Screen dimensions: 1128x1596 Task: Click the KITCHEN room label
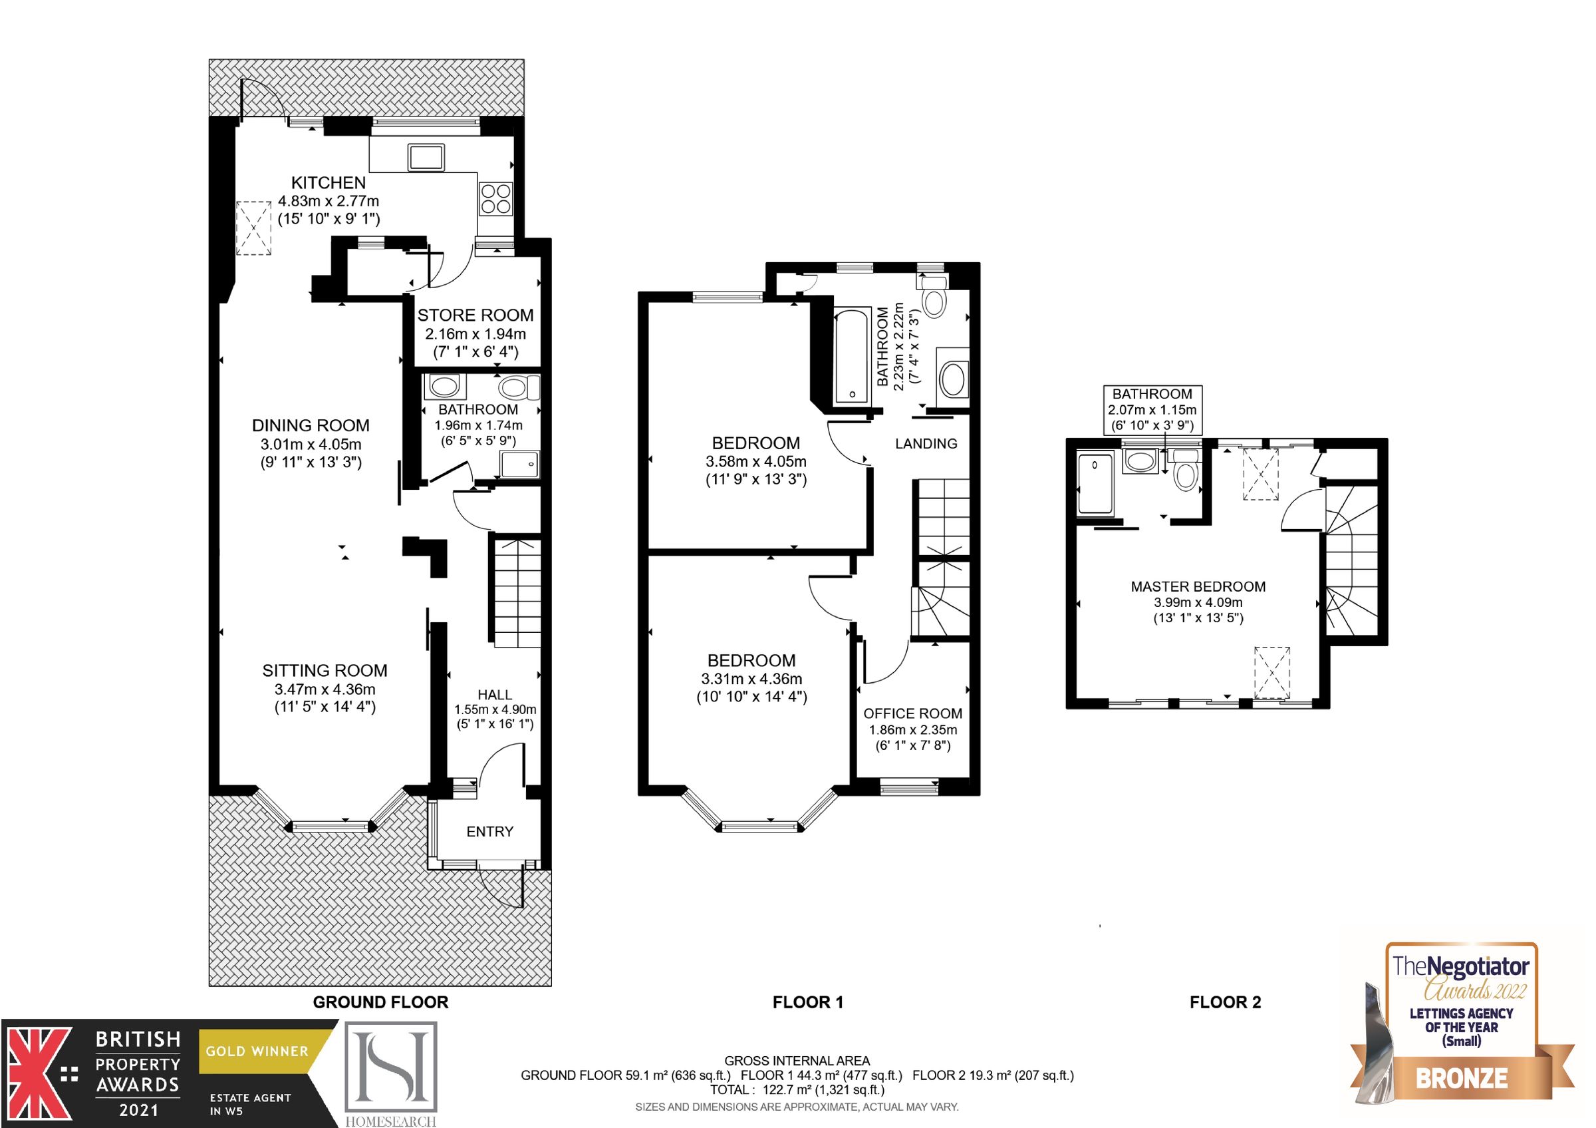328,183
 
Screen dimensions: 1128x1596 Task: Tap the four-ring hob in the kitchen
495,198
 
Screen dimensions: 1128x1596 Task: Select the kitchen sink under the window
426,157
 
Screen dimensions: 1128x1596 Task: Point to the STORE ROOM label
475,315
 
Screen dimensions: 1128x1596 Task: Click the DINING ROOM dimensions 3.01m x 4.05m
311,445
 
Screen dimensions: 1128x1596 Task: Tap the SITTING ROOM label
325,670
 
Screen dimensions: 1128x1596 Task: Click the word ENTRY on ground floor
489,832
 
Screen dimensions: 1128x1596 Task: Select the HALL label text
494,695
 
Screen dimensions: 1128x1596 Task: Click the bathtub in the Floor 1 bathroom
851,356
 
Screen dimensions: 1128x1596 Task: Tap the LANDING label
926,444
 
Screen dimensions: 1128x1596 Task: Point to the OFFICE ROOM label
912,713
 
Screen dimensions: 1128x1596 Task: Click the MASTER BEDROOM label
1198,586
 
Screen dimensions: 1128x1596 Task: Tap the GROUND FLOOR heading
380,1002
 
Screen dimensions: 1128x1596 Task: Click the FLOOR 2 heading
1225,1002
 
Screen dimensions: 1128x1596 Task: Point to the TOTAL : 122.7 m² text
797,1090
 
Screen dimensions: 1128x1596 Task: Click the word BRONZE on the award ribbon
1462,1078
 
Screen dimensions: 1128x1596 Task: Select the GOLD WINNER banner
257,1051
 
